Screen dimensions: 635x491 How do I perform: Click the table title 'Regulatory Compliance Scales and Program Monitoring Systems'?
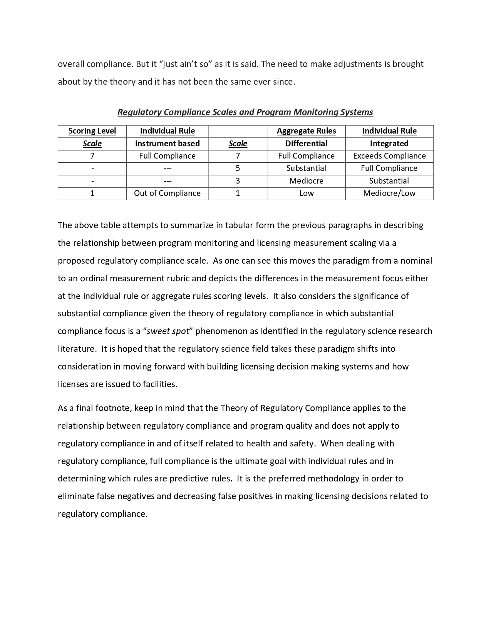pyautogui.click(x=245, y=112)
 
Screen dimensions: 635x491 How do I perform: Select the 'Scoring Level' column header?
pyautogui.click(x=92, y=131)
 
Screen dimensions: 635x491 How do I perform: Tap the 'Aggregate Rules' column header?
pyautogui.click(x=306, y=131)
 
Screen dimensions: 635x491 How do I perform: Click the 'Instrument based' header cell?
pyautogui.click(x=167, y=144)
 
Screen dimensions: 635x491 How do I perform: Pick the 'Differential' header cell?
pyautogui.click(x=306, y=144)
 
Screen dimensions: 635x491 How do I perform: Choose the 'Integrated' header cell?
pyautogui.click(x=389, y=144)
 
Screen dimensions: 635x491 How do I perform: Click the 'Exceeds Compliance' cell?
pyautogui.click(x=389, y=156)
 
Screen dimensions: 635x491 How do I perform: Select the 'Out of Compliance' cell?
pyautogui.click(x=167, y=193)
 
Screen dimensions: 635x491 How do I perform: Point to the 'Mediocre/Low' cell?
pyautogui.click(x=389, y=193)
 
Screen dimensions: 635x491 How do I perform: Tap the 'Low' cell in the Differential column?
pyautogui.click(x=306, y=193)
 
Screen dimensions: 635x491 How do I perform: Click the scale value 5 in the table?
pyautogui.click(x=238, y=168)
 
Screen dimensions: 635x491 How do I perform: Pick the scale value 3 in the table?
pyautogui.click(x=238, y=181)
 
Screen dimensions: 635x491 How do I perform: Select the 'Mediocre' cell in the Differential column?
pyautogui.click(x=306, y=181)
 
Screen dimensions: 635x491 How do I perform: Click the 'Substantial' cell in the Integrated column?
pyautogui.click(x=389, y=181)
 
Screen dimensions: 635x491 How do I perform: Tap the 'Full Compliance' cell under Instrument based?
pyautogui.click(x=167, y=156)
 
